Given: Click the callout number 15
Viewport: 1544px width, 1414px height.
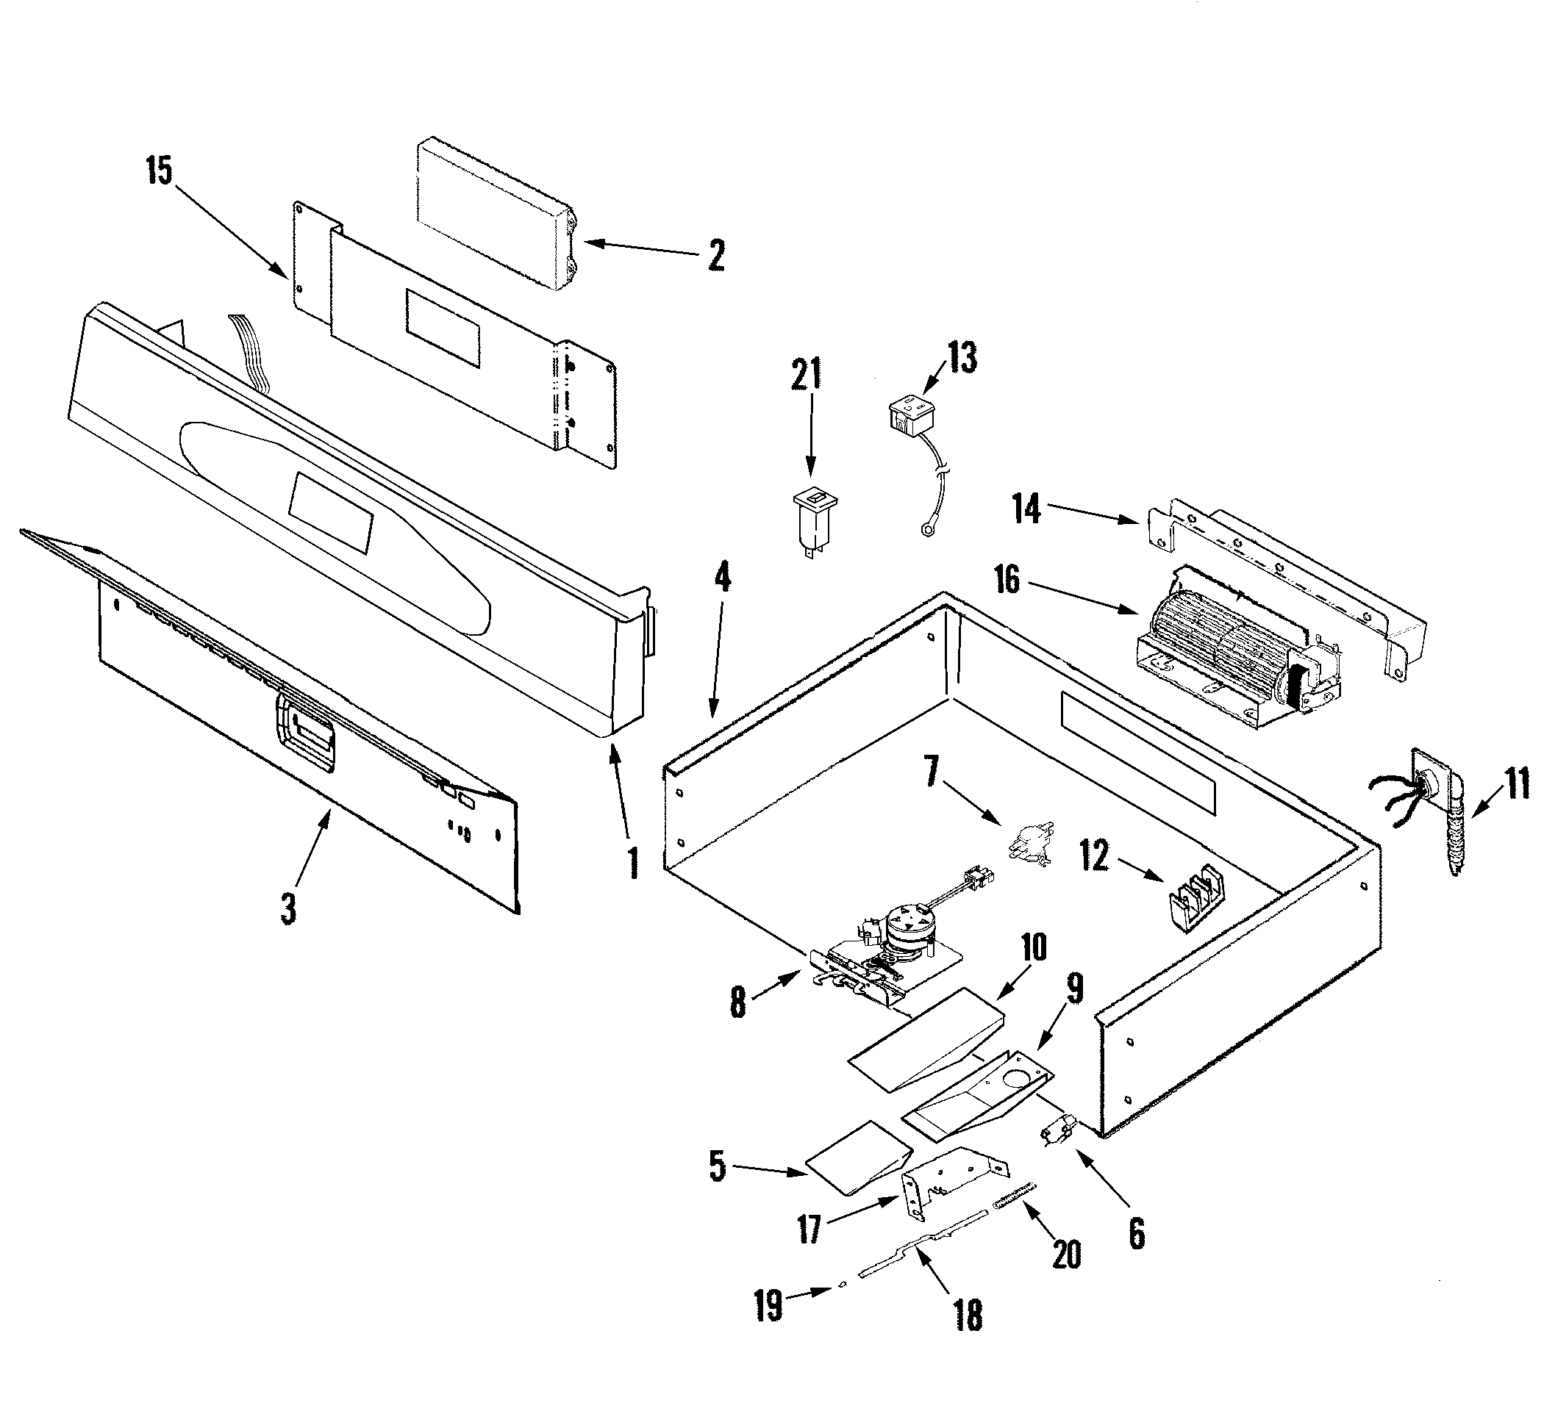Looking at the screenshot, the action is click(160, 171).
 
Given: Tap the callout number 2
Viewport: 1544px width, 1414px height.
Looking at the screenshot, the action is click(716, 256).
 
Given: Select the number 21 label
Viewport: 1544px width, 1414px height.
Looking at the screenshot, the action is click(806, 373).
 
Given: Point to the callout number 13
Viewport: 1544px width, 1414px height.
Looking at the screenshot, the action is click(962, 356).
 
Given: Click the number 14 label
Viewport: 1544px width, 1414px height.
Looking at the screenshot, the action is click(1026, 509).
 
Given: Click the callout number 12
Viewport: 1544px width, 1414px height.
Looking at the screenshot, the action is click(1095, 855).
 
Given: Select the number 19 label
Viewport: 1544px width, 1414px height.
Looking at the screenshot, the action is click(768, 1305).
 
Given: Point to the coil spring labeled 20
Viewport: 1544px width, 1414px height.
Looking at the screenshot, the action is click(1015, 1196).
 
